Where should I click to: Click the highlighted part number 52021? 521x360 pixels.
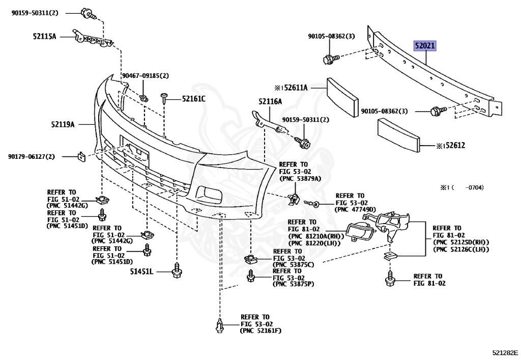pyautogui.click(x=424, y=46)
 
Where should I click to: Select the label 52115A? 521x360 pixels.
pyautogui.click(x=45, y=37)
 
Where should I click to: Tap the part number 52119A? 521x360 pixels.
pyautogui.click(x=63, y=124)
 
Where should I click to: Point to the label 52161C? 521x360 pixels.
pyautogui.click(x=194, y=98)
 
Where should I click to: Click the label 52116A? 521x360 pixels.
pyautogui.click(x=270, y=101)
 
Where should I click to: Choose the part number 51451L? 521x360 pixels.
pyautogui.click(x=141, y=272)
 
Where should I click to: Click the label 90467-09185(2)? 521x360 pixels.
pyautogui.click(x=145, y=76)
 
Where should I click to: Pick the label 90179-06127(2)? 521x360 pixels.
pyautogui.click(x=31, y=156)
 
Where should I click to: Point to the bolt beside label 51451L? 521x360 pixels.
pyautogui.click(x=177, y=270)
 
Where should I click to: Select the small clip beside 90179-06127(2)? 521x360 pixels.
pyautogui.click(x=80, y=155)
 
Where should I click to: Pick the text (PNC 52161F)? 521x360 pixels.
pyautogui.click(x=260, y=331)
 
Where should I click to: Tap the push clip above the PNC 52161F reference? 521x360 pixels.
pyautogui.click(x=220, y=325)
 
